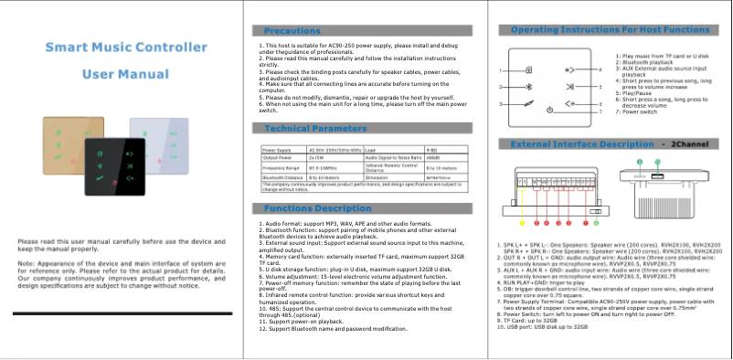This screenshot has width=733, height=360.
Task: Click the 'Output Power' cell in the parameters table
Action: point(277,157)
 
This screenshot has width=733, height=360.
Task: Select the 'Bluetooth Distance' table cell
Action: point(282,179)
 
